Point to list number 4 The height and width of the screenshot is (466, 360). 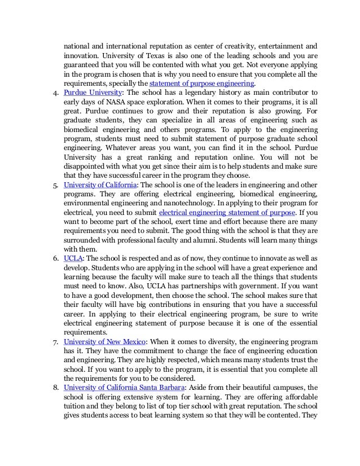[55, 92]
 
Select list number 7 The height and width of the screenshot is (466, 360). [55, 342]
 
